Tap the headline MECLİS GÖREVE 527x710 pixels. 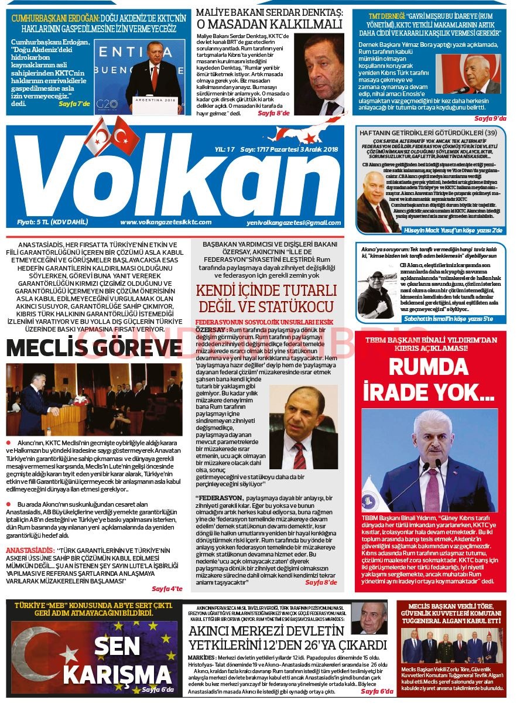click(94, 348)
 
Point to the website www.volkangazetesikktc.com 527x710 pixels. click(166, 222)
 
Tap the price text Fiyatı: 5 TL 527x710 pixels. click(52, 222)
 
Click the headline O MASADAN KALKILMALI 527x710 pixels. click(269, 24)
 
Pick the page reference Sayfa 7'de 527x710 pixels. click(74, 104)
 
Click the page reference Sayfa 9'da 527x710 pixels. click(490, 118)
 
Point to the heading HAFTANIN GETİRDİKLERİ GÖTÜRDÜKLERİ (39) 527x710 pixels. click(428, 133)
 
